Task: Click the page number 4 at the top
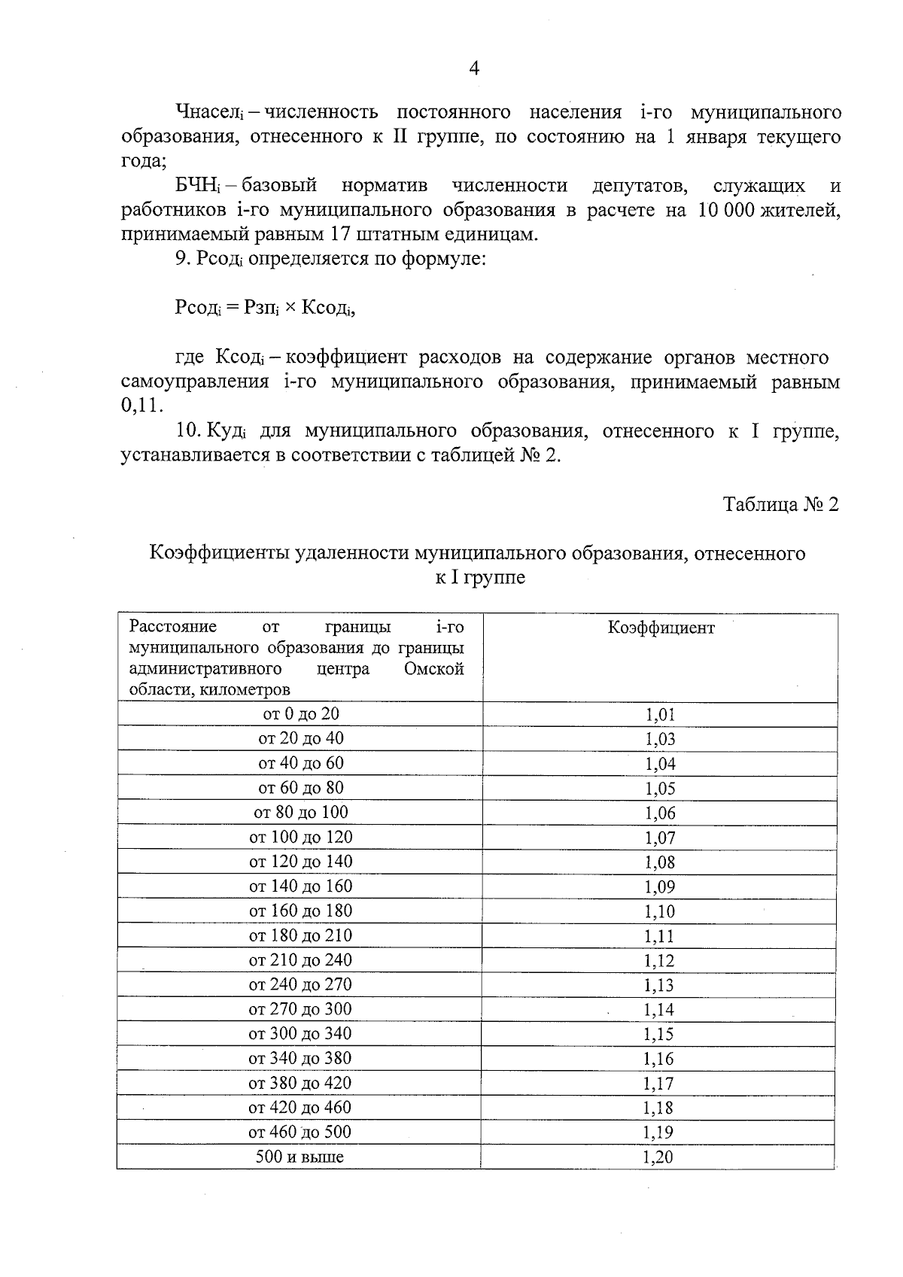(474, 68)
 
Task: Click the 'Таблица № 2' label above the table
(780, 504)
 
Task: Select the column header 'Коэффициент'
(661, 628)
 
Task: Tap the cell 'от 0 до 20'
(300, 713)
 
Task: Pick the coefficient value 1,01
(660, 714)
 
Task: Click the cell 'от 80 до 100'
(300, 812)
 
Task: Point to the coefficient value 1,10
(659, 911)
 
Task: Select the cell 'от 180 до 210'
(300, 935)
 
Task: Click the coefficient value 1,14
(659, 1010)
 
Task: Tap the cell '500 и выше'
(299, 1157)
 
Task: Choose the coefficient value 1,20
(658, 1157)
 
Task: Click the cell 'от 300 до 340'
(299, 1033)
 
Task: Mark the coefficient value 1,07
(660, 838)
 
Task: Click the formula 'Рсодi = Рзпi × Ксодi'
(264, 308)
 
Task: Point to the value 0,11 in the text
(141, 406)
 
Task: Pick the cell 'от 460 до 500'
(299, 1132)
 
